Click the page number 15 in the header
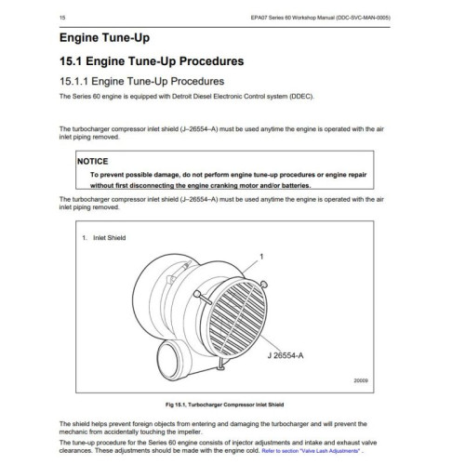pyautogui.click(x=61, y=17)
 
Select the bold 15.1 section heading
pyautogui.click(x=152, y=61)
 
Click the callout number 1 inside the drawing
pyautogui.click(x=262, y=255)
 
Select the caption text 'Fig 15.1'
pyautogui.click(x=179, y=405)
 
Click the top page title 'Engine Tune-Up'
pyautogui.click(x=103, y=40)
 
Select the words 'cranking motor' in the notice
pyautogui.click(x=245, y=186)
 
